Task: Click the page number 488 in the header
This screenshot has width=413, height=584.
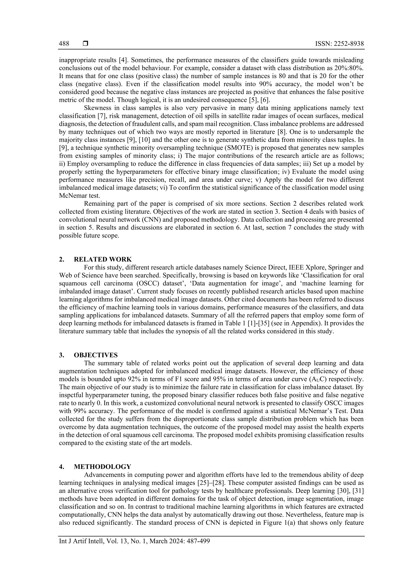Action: point(64,44)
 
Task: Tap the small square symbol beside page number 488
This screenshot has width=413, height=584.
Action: point(85,44)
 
